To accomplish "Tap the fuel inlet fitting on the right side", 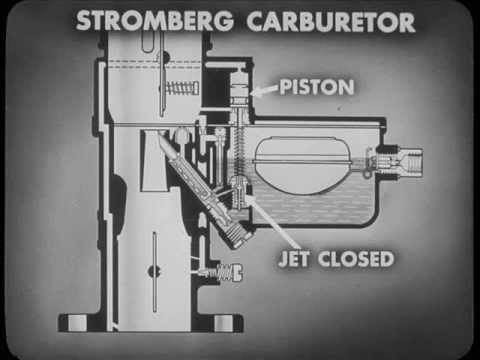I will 405,159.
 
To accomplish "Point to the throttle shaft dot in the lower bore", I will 152,271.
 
